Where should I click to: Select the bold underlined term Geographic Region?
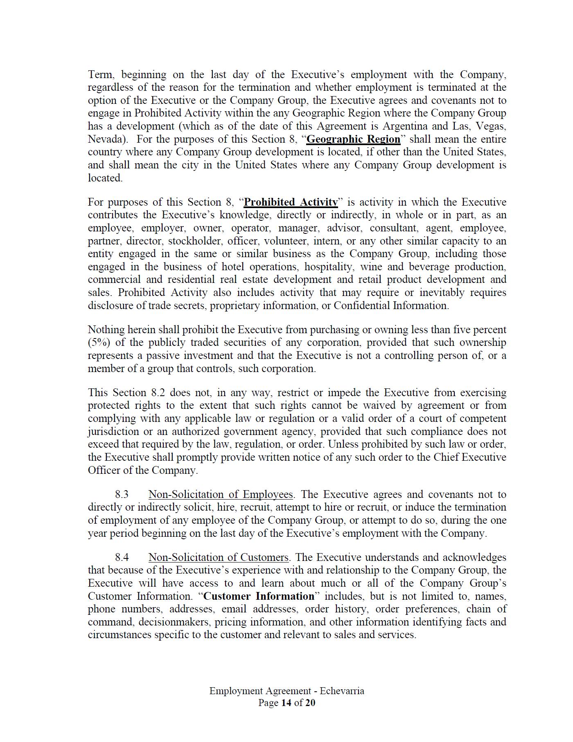[x=353, y=139]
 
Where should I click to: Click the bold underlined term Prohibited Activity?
[x=291, y=202]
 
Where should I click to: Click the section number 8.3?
[x=122, y=494]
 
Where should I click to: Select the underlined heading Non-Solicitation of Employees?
[x=221, y=494]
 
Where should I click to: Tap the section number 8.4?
[x=122, y=557]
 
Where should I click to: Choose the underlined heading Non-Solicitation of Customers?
[x=218, y=557]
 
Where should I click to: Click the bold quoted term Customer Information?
[x=259, y=596]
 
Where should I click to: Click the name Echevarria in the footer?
[x=342, y=691]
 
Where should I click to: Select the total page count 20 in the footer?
[x=310, y=703]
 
